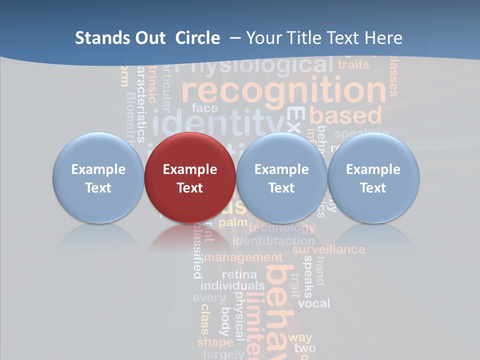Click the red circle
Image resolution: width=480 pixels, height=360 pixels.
click(x=190, y=177)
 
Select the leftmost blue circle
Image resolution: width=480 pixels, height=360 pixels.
click(x=98, y=177)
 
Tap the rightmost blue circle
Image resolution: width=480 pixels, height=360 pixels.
click(x=373, y=177)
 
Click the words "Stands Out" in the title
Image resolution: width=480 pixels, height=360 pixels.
click(x=120, y=38)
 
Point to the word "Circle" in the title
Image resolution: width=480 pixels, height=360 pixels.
click(x=197, y=38)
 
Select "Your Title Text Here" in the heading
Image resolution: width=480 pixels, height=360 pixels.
click(x=324, y=38)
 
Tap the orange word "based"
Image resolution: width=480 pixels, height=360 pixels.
click(x=345, y=115)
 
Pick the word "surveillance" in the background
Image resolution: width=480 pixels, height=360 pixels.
click(x=328, y=249)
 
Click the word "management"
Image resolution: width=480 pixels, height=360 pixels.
click(x=243, y=257)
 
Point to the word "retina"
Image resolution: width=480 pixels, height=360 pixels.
click(x=239, y=274)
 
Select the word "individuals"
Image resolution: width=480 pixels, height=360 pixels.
click(x=232, y=285)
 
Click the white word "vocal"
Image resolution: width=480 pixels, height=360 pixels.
click(x=314, y=303)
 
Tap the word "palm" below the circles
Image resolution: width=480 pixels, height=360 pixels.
click(x=233, y=222)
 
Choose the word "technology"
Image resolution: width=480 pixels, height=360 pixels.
click(x=281, y=228)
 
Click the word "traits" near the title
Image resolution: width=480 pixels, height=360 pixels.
click(x=353, y=64)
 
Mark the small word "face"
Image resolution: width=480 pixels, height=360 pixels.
click(x=204, y=108)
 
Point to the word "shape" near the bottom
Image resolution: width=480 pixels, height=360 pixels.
click(x=215, y=342)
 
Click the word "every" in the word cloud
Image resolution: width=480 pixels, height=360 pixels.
click(x=209, y=298)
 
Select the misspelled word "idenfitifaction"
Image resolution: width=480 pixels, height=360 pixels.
click(x=273, y=240)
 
